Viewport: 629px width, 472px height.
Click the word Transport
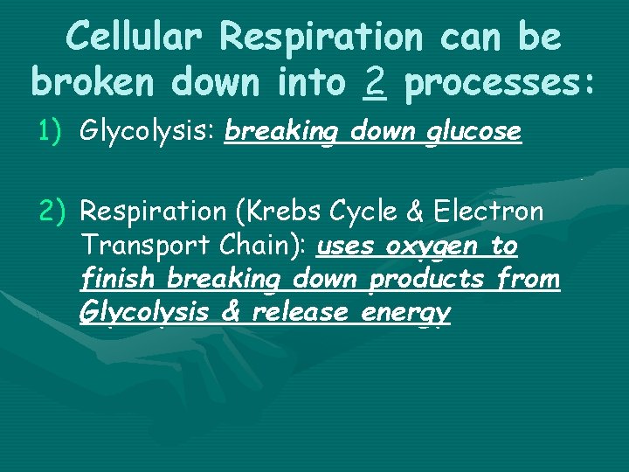131,246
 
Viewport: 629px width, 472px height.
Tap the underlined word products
427,281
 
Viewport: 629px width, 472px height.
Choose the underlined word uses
345,247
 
